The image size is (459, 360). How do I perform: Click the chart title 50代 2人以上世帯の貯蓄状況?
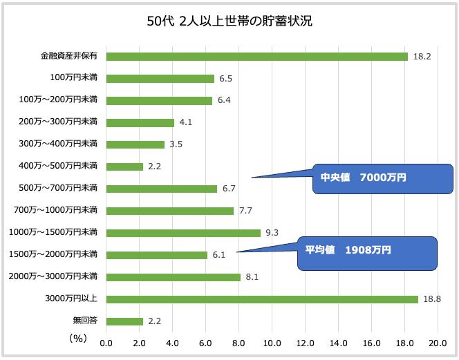pyautogui.click(x=229, y=21)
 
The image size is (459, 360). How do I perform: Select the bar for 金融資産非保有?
pyautogui.click(x=256, y=57)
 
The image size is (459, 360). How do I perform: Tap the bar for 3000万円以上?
pyautogui.click(x=262, y=299)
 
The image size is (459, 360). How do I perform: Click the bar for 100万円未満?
pyautogui.click(x=160, y=79)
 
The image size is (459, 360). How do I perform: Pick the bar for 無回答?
pyautogui.click(x=124, y=321)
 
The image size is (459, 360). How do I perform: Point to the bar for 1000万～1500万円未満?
pyautogui.click(x=183, y=233)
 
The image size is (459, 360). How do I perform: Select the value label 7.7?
pyautogui.click(x=246, y=211)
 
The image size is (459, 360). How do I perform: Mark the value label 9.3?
pyautogui.click(x=272, y=233)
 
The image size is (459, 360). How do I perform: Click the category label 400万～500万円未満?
pyautogui.click(x=59, y=166)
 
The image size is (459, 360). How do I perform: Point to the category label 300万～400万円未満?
pyautogui.click(x=59, y=144)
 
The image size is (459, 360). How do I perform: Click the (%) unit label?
pyautogui.click(x=77, y=339)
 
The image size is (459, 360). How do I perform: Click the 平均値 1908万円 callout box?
pyautogui.click(x=368, y=253)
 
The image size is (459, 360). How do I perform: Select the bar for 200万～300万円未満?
pyautogui.click(x=140, y=123)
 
